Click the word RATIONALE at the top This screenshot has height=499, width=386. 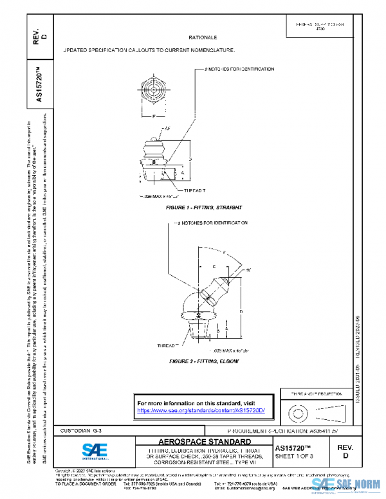(x=203, y=39)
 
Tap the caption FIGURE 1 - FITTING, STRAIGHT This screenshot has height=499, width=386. (x=203, y=208)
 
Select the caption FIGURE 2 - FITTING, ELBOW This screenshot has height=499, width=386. (x=203, y=361)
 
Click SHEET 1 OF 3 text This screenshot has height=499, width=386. (x=294, y=457)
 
